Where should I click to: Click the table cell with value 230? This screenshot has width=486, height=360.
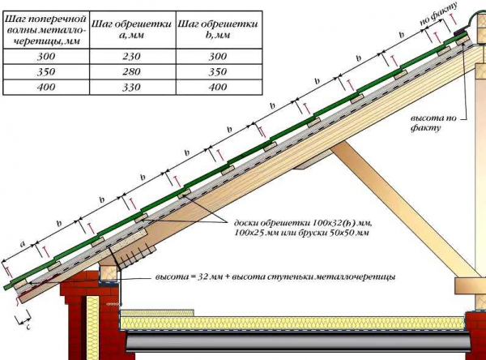coord(132,57)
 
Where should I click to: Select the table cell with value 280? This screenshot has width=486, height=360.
coord(132,72)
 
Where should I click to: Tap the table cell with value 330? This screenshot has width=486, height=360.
coord(132,88)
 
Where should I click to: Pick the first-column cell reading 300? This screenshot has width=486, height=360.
coord(46,57)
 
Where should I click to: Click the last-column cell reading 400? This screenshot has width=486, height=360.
coord(219,88)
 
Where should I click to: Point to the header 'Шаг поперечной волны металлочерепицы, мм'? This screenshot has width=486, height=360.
coord(46,30)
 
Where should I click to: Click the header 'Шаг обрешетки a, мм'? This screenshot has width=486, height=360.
coord(132,30)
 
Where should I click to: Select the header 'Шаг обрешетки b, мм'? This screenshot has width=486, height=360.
coord(219,30)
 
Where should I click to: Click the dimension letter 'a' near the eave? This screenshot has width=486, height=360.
coord(23,244)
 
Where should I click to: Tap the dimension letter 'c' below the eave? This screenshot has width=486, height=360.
coord(28,327)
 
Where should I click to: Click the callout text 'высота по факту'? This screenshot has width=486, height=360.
coord(433,123)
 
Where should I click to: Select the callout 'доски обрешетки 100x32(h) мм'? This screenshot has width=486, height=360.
coord(302,223)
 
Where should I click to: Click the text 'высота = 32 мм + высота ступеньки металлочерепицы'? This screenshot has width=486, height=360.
coord(275,276)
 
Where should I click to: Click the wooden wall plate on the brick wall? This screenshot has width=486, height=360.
coord(109,272)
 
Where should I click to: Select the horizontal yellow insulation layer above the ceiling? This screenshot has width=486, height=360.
coord(293,323)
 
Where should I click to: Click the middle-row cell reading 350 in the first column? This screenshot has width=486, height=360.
coord(46,72)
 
